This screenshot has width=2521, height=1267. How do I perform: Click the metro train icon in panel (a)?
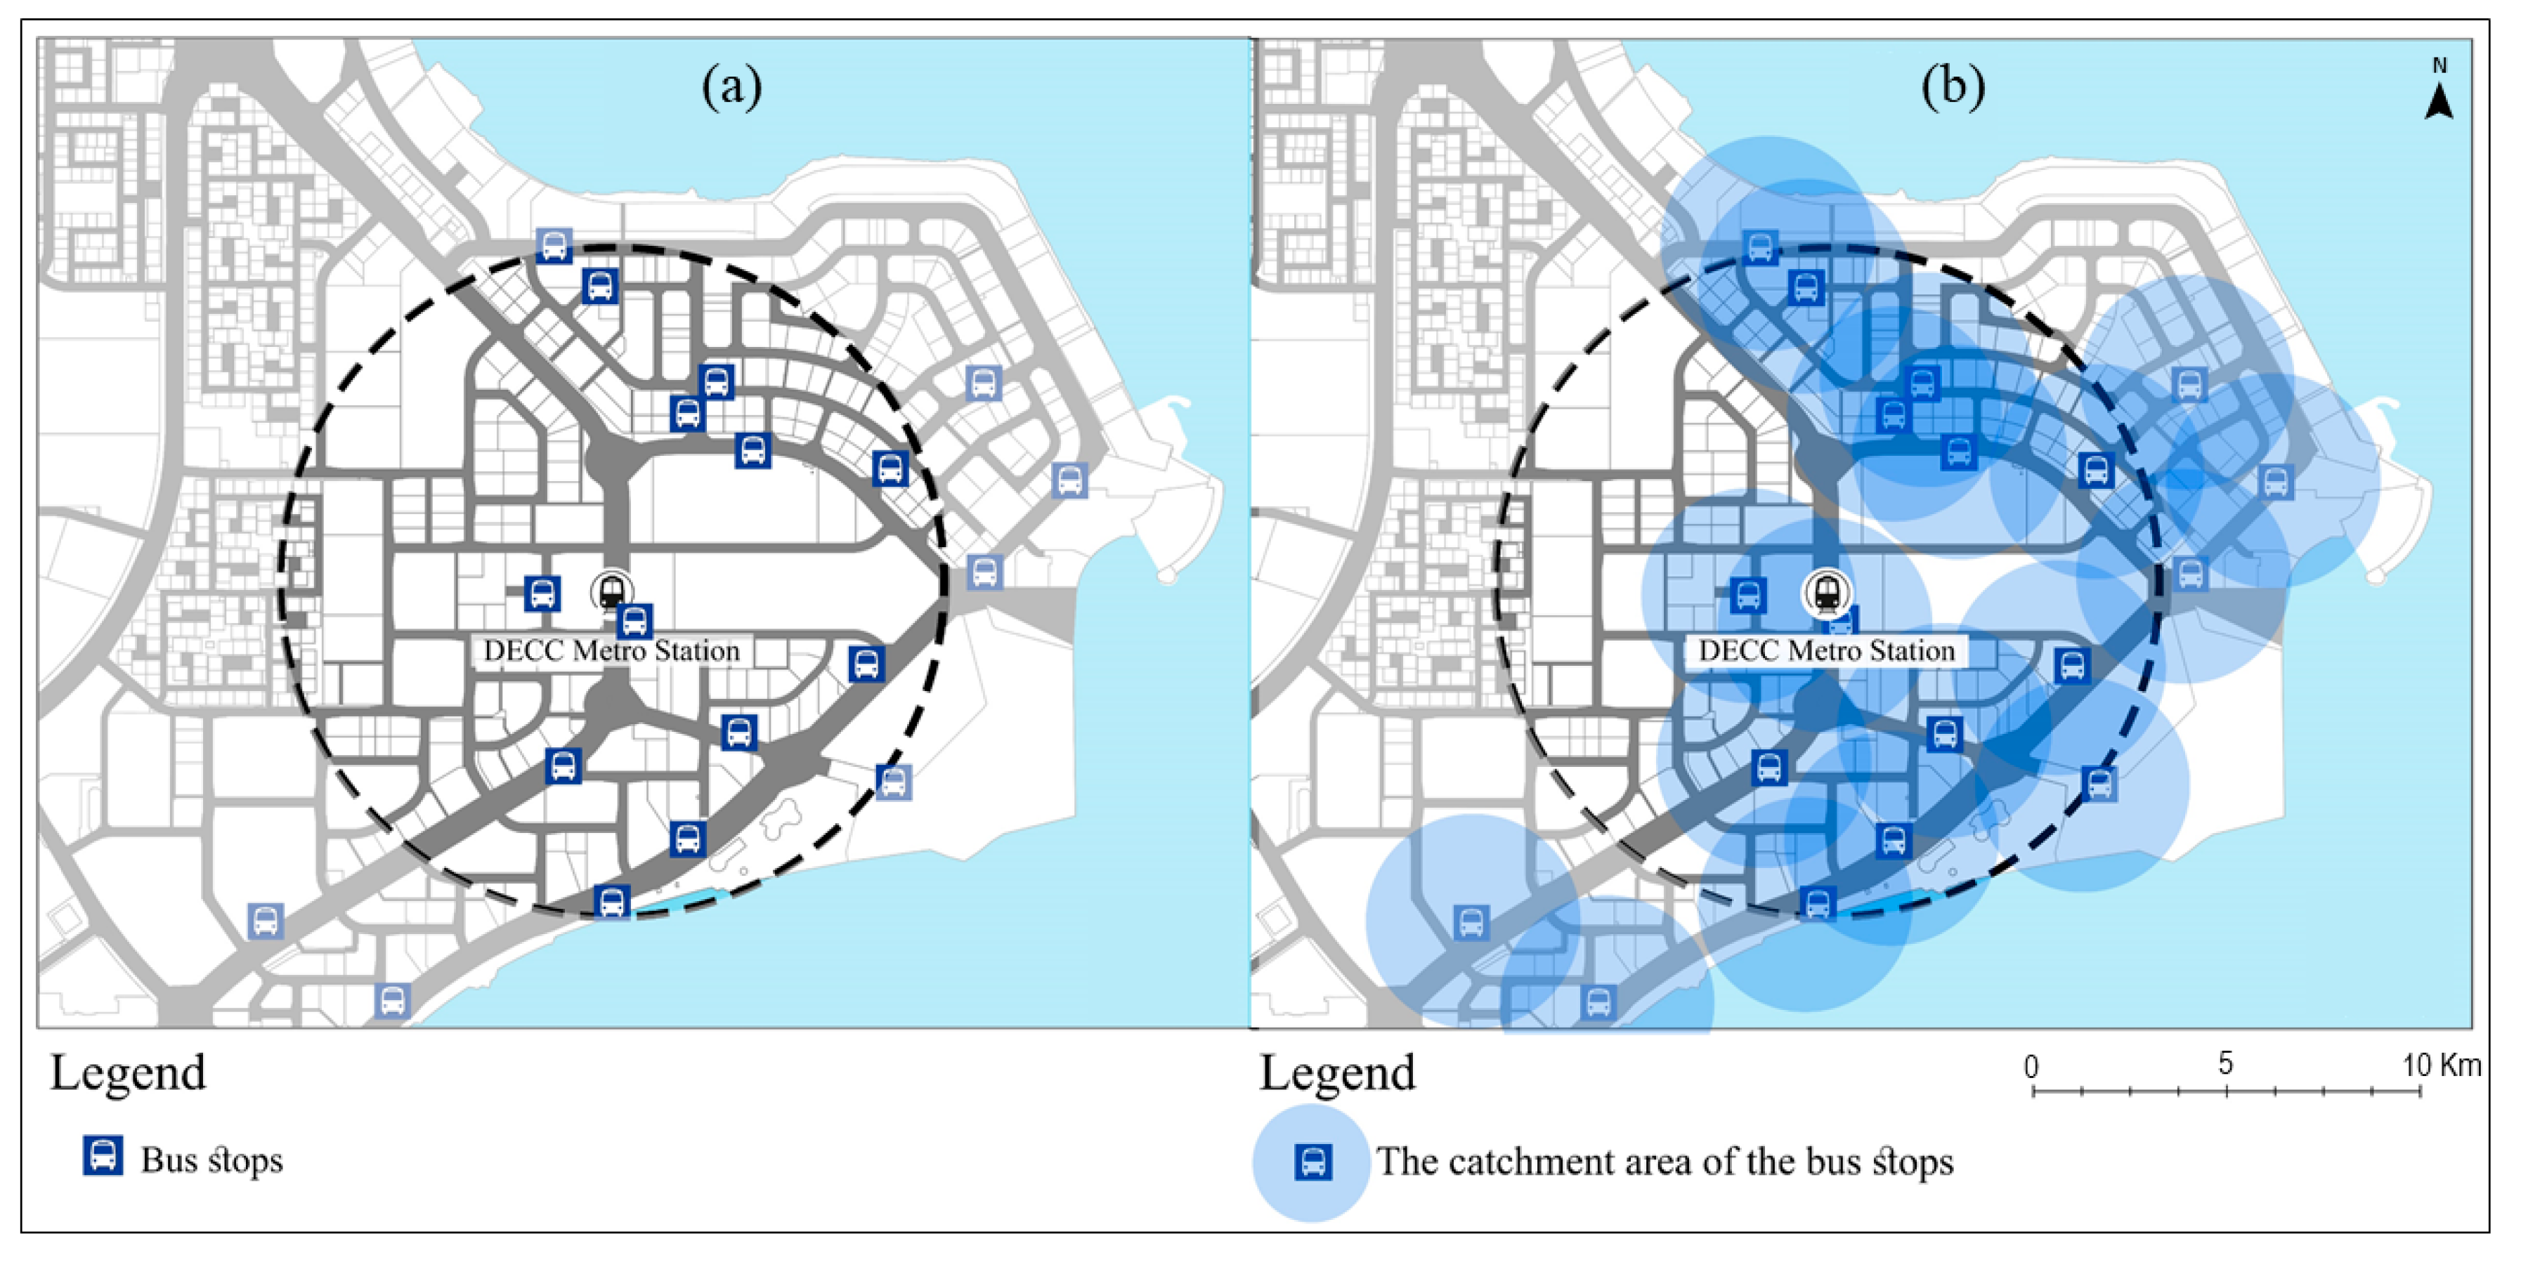[x=612, y=591]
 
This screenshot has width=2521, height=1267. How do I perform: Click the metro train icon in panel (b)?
[x=1826, y=592]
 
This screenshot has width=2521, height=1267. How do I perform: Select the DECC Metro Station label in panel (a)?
[x=612, y=650]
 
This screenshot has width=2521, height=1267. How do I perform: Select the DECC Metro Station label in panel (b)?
[x=1826, y=650]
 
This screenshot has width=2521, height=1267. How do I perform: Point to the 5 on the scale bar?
[x=2225, y=1063]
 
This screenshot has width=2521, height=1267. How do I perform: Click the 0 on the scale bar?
[x=2032, y=1065]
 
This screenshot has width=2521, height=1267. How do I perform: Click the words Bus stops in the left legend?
[x=211, y=1160]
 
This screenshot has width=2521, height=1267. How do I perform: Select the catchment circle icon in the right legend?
[x=1311, y=1162]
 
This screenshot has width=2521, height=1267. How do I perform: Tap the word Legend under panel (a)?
[x=128, y=1073]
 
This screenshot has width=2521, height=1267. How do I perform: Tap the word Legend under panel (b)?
[x=1337, y=1073]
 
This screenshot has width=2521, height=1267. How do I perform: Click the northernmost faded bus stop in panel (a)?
[x=554, y=244]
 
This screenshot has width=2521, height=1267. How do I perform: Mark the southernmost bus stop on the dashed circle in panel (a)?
[x=612, y=901]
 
